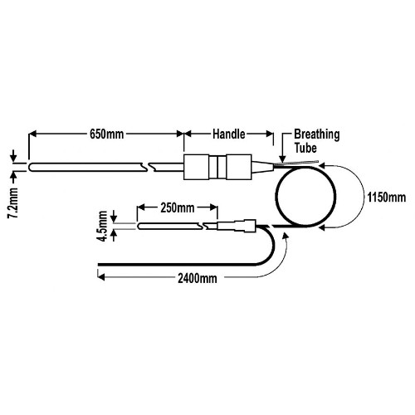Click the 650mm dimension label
coord(107,134)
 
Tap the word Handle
coord(229,134)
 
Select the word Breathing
coord(317,134)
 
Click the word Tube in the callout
coord(305,148)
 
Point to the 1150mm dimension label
coord(387,198)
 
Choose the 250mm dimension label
coord(178,207)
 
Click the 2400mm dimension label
coord(198,278)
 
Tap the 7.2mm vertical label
coord(13,203)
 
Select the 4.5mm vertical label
coord(103,226)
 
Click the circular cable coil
coord(276,197)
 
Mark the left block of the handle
coord(197,167)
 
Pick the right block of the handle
coord(239,167)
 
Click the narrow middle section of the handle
coord(217,167)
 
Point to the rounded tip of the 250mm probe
coord(139,226)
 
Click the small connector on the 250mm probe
coord(237,226)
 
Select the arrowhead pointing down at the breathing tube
coord(282,159)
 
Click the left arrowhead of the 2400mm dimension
coord(101,276)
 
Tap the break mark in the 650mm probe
coord(147,167)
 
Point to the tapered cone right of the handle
coord(263,167)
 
